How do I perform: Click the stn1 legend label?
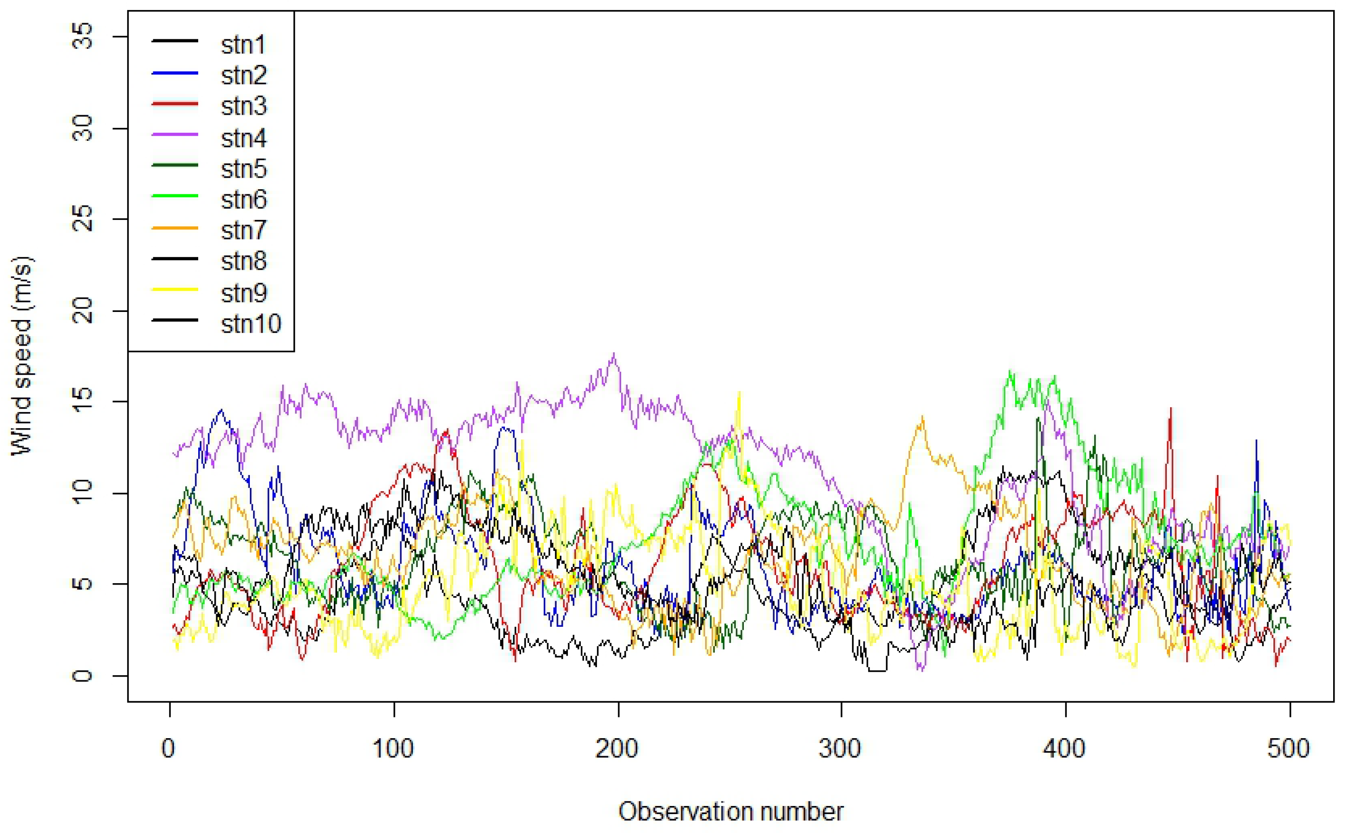click(243, 44)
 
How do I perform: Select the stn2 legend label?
click(243, 75)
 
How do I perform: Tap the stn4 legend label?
click(243, 138)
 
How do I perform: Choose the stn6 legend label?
click(243, 200)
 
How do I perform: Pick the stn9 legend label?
click(243, 293)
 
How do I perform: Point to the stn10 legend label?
click(251, 323)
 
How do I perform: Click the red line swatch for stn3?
click(174, 103)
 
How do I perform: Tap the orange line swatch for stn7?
click(174, 228)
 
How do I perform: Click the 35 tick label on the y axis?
click(82, 37)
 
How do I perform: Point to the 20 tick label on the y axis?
click(82, 311)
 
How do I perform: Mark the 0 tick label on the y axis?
click(82, 676)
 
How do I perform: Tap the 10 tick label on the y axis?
click(82, 493)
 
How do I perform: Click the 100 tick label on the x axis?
click(393, 748)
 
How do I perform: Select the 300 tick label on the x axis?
click(841, 748)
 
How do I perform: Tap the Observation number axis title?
click(731, 811)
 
